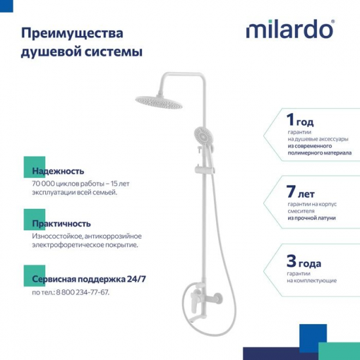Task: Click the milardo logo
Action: (289, 30)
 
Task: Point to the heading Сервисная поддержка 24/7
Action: (88, 279)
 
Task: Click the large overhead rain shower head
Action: (158, 101)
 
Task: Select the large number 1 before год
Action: (291, 120)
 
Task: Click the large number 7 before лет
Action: (291, 192)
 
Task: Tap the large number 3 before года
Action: (292, 263)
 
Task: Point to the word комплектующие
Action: (312, 280)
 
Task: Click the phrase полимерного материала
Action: (319, 153)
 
